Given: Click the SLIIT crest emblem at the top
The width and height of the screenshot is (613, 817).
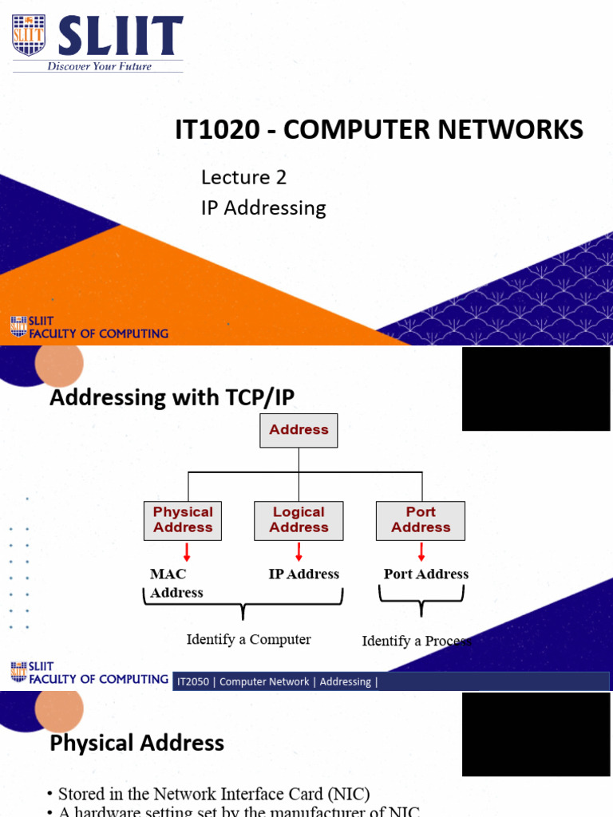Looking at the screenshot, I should pos(26,36).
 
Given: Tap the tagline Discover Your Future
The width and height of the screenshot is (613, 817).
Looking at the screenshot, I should pos(99,66).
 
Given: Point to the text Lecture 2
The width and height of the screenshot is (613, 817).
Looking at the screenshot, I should pos(243,176).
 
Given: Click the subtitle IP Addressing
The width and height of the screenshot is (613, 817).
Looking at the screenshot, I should pos(263,208).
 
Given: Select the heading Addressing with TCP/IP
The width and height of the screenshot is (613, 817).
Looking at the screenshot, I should pos(177,397).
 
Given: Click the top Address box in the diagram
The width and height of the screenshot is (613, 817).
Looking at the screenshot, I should pos(299,430).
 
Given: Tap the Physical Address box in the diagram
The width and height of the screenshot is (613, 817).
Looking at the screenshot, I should pos(183,520).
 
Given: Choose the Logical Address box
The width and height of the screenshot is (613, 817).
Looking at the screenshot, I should pos(299,520).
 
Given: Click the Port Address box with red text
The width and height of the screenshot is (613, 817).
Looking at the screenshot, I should pos(421,520).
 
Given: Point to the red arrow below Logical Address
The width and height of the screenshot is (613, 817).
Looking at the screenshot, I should pos(299,551).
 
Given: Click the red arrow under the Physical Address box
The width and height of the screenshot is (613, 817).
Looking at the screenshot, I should pos(185,551).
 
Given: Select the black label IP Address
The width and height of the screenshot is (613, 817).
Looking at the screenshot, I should pos(303,574).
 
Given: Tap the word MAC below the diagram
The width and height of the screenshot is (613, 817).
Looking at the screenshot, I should pos(168,574).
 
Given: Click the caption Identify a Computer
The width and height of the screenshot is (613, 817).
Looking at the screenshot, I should pos(248,639).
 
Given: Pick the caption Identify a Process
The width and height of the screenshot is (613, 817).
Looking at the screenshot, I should pos(416,641).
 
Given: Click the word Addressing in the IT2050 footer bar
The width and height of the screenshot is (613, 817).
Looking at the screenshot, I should pos(345,681).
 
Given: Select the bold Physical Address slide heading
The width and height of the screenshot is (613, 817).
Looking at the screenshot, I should pos(136,744).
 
